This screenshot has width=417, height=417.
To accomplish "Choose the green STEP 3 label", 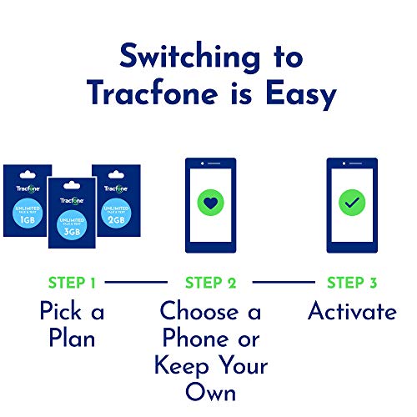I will tap(351, 283).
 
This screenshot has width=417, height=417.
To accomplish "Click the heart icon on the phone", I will tap(210, 203).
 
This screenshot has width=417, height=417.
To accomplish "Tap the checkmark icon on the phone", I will tap(351, 203).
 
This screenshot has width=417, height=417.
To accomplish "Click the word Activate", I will tap(352, 312).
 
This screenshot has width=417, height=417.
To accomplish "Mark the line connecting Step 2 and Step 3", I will tap(279, 284).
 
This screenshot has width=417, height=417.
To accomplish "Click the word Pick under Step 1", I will tap(55, 312).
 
